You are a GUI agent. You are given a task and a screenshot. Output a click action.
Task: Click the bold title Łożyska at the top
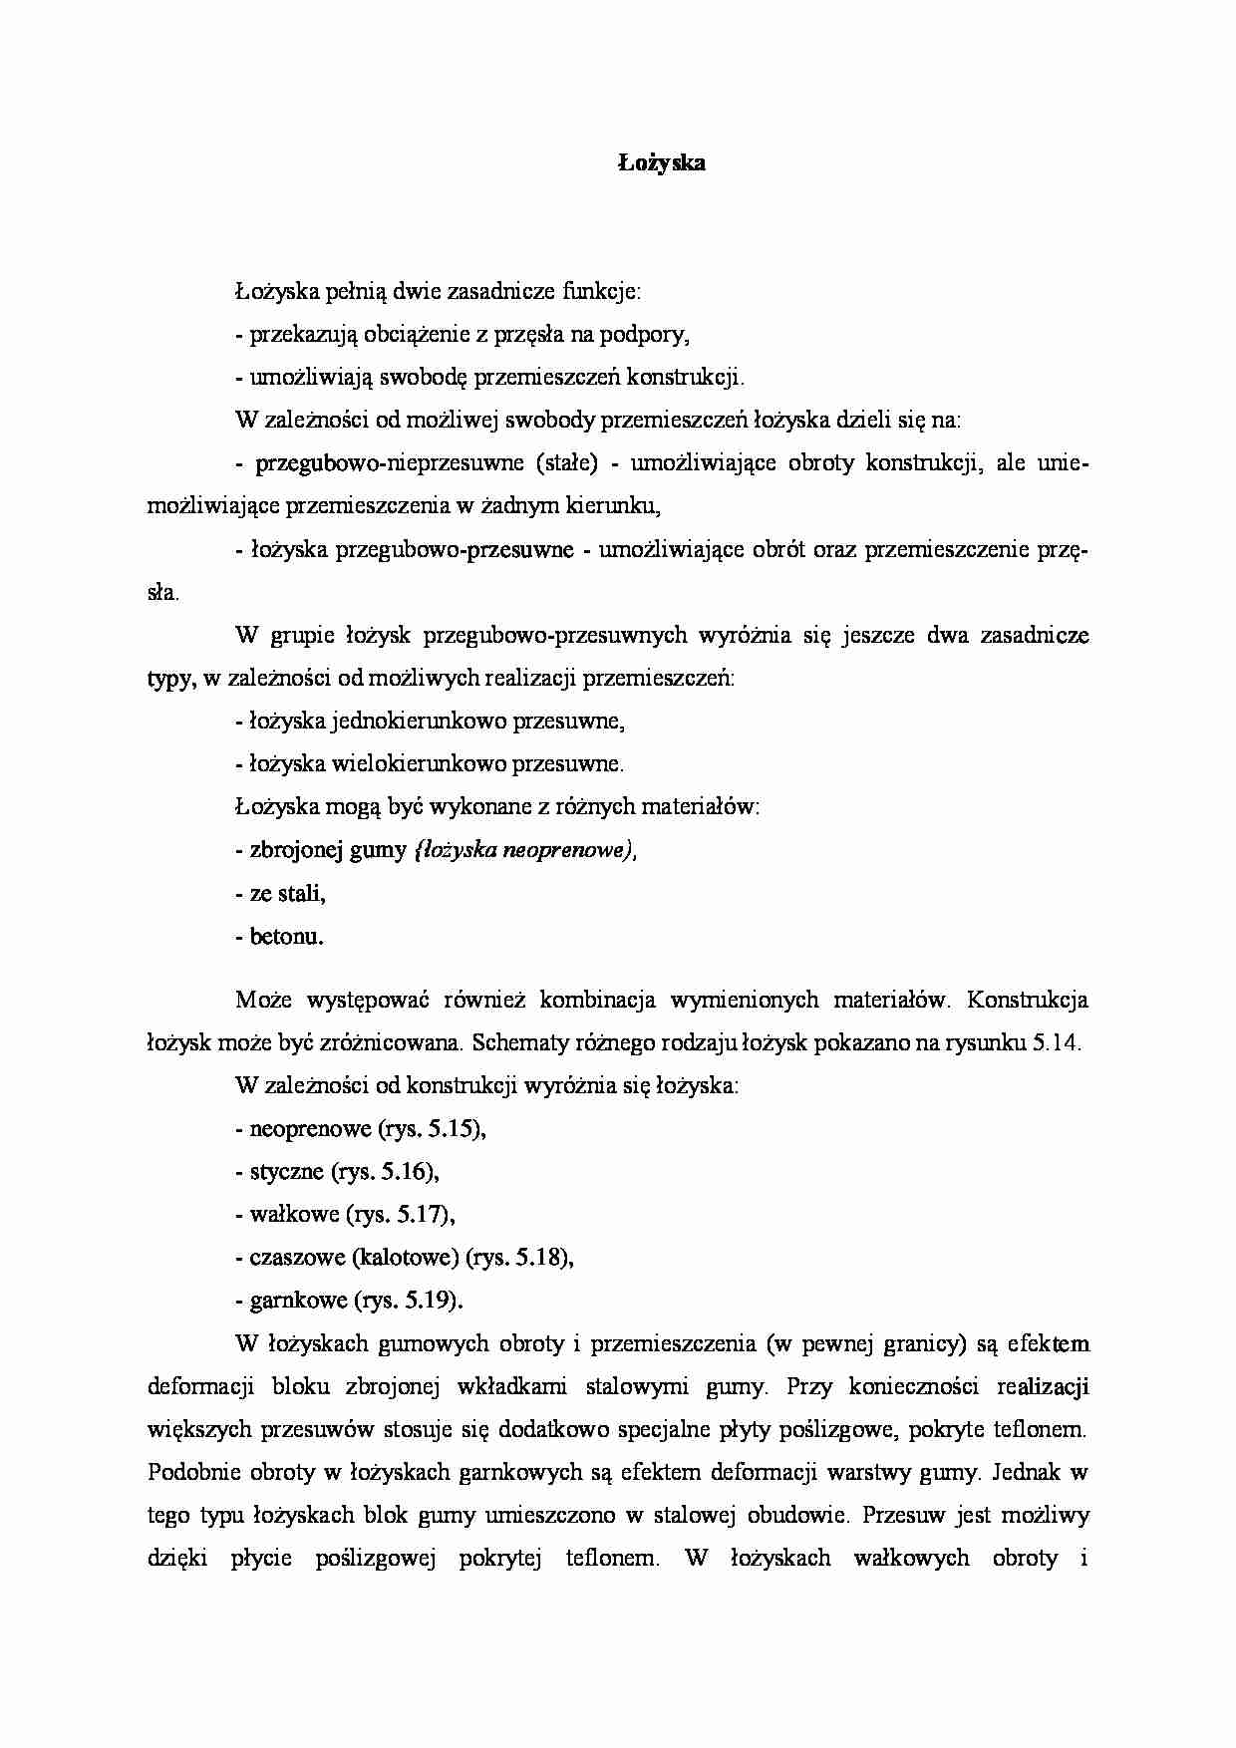(659, 164)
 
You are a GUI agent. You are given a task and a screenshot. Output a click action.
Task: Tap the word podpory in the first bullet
(654, 336)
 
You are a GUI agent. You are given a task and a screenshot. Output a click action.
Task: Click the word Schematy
(516, 1043)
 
